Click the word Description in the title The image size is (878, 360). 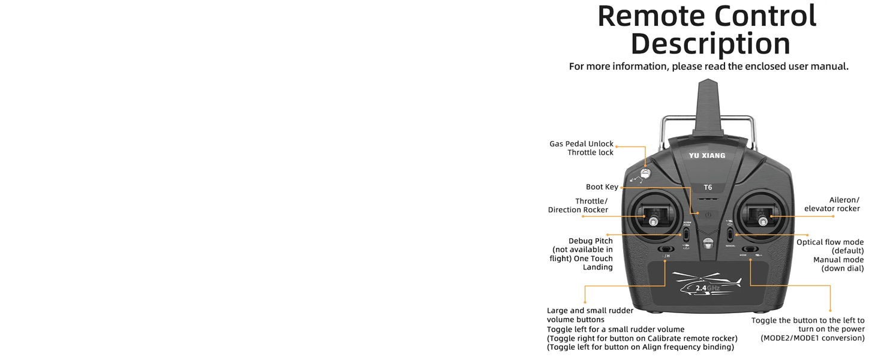(710, 44)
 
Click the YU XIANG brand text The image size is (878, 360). (707, 156)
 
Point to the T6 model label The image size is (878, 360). (708, 188)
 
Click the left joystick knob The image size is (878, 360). (653, 222)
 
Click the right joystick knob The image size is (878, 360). (763, 221)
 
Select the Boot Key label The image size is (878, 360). (602, 187)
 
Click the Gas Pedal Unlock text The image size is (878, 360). (581, 144)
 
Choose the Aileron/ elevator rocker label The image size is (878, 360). (832, 205)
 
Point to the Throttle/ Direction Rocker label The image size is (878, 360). (578, 206)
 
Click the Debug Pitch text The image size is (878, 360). (591, 241)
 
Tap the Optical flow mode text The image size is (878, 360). (830, 242)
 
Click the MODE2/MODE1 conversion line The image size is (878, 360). (813, 338)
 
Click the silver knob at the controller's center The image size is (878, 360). (708, 243)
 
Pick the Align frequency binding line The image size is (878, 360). (641, 347)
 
